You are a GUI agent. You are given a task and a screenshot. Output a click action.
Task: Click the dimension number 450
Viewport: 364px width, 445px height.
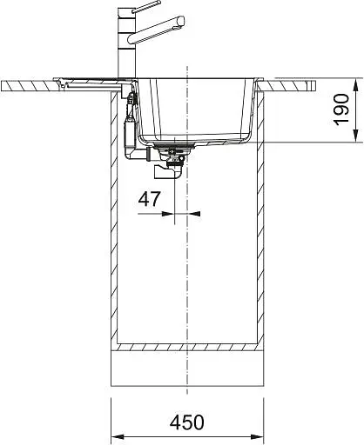tap(187, 422)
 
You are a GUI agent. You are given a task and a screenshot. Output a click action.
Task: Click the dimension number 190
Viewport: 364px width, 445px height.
tap(341, 110)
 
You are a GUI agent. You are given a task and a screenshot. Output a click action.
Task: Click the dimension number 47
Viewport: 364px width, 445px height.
tap(149, 199)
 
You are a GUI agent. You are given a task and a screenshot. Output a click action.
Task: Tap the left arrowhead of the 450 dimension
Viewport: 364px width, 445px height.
tap(118, 436)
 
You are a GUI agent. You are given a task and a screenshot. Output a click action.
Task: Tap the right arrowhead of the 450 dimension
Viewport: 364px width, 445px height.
tap(257, 436)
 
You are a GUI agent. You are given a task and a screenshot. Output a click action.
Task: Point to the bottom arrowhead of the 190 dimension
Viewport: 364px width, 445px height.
tap(356, 136)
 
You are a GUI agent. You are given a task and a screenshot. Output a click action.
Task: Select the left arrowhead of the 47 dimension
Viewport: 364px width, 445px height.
tap(168, 214)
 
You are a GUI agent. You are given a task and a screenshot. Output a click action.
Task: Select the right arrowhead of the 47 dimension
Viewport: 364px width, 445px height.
tap(194, 214)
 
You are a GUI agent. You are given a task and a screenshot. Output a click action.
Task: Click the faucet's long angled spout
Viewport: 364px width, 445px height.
tap(157, 30)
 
